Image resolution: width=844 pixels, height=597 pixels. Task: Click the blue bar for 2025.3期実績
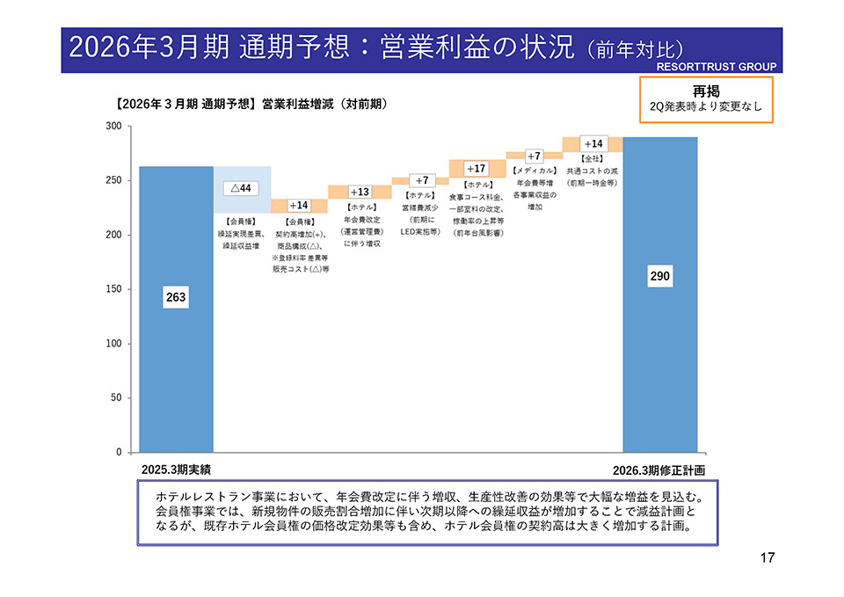click(x=176, y=352)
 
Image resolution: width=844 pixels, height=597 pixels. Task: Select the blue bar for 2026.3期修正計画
click(x=659, y=369)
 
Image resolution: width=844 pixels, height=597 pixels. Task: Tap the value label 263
click(x=176, y=298)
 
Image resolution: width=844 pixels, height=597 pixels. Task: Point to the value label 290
click(x=660, y=276)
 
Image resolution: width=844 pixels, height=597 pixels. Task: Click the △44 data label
click(x=239, y=188)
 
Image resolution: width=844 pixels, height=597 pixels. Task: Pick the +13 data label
click(x=359, y=192)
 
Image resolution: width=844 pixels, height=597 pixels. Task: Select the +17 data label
click(x=476, y=168)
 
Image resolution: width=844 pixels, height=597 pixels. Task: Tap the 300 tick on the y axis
click(x=113, y=127)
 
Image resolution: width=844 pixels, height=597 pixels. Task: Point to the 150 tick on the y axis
click(x=113, y=289)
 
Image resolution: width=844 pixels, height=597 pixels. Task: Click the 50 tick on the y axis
click(x=115, y=397)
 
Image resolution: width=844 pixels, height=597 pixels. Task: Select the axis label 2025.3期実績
click(x=176, y=470)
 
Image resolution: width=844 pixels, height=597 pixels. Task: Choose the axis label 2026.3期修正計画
click(x=659, y=470)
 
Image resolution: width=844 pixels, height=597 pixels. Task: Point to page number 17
click(x=766, y=557)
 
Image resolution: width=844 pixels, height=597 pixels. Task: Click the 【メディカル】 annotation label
click(x=535, y=170)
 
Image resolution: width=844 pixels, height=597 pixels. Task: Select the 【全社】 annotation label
click(x=592, y=158)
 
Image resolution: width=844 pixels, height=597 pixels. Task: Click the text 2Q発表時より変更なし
click(x=706, y=108)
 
